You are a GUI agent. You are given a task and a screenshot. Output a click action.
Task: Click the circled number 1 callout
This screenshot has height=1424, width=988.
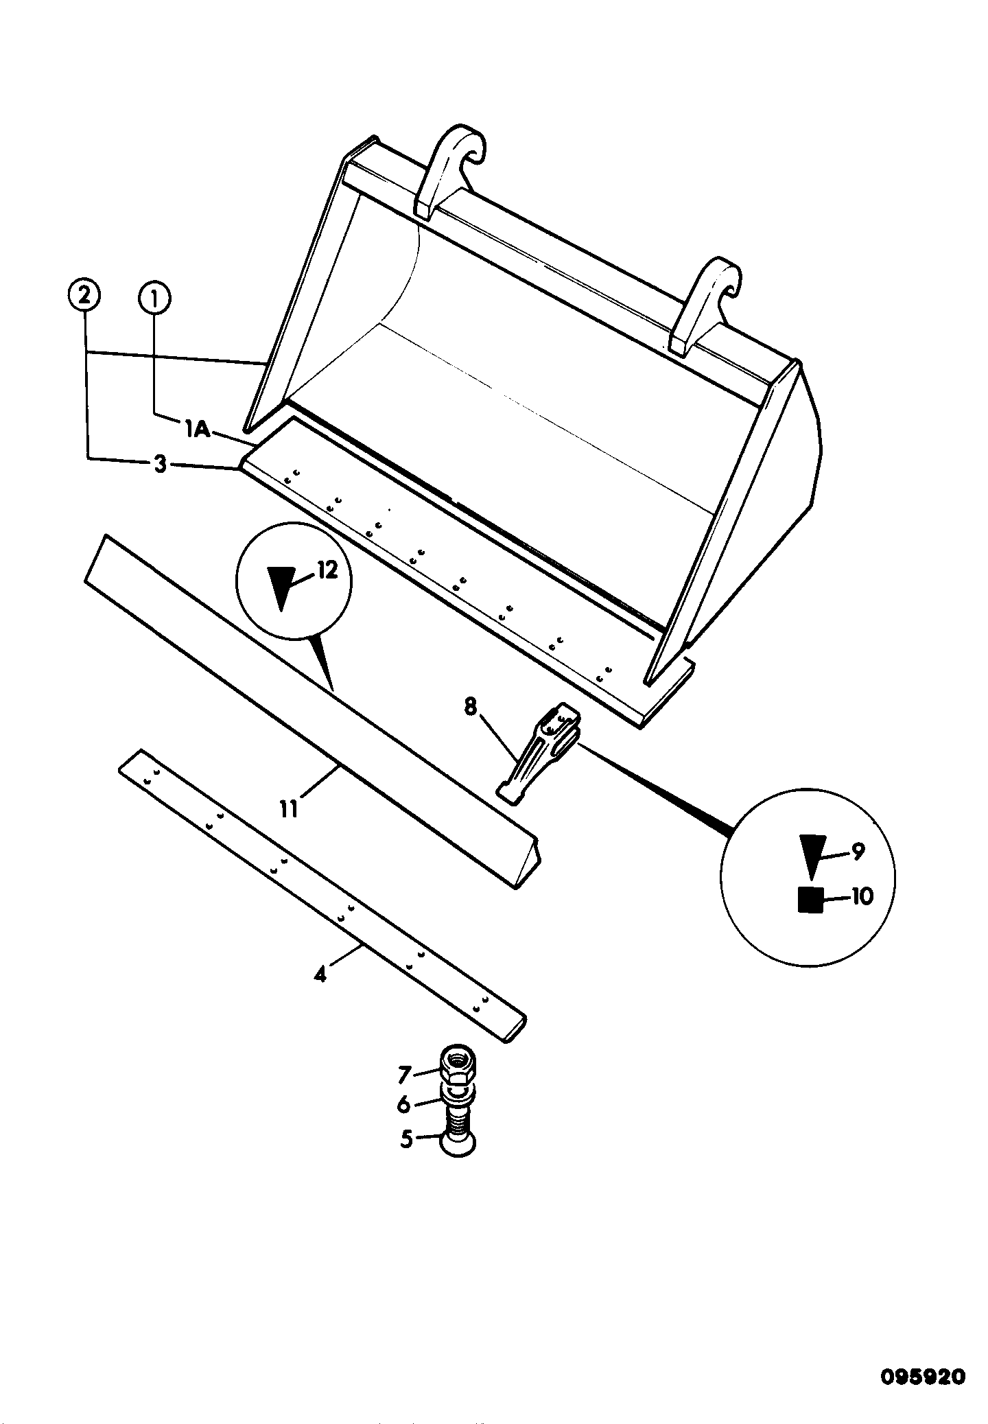point(154,299)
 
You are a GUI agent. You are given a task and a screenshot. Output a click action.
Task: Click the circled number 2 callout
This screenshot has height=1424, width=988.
point(84,297)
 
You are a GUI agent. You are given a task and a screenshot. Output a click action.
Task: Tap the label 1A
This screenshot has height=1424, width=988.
point(196,430)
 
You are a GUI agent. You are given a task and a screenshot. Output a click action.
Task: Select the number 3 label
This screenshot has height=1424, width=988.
point(160,465)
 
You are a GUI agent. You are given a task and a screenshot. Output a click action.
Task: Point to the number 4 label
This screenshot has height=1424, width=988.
point(320,973)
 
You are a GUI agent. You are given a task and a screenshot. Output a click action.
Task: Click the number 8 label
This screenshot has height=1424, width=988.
point(470,707)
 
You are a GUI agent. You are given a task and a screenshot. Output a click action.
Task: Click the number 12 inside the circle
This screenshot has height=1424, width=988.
point(327,570)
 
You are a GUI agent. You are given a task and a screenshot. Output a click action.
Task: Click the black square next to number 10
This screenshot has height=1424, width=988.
point(810,899)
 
